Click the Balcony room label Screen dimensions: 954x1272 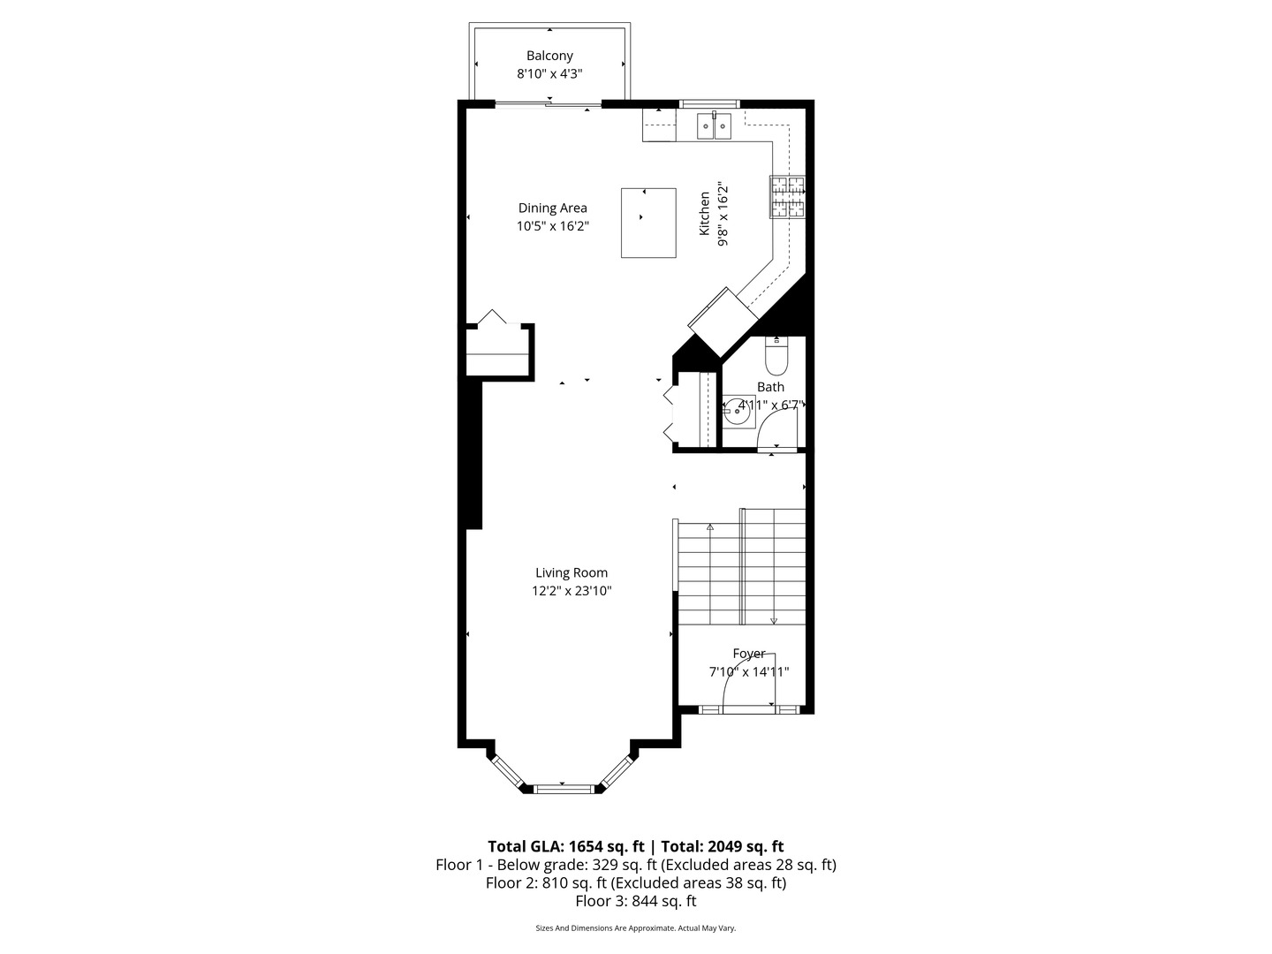(x=549, y=56)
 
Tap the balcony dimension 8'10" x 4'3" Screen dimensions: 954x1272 (x=549, y=74)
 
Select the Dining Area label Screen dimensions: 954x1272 (x=552, y=208)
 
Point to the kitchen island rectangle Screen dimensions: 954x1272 (x=648, y=223)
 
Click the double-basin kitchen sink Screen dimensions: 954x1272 (x=714, y=126)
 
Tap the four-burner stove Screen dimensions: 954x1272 (x=788, y=197)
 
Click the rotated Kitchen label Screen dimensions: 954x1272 (x=705, y=214)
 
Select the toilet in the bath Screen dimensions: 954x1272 (x=776, y=357)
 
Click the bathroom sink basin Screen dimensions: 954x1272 (x=738, y=412)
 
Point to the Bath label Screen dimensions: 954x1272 (x=770, y=387)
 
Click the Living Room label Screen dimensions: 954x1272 (x=572, y=572)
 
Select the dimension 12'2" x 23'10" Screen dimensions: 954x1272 (x=572, y=591)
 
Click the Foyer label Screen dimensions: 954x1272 (x=749, y=654)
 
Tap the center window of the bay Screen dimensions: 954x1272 (x=562, y=788)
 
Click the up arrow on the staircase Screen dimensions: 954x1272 (x=710, y=527)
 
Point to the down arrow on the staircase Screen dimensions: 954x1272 (x=774, y=620)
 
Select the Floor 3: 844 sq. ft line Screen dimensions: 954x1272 (x=636, y=901)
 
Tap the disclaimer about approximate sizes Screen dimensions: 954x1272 (x=636, y=928)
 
